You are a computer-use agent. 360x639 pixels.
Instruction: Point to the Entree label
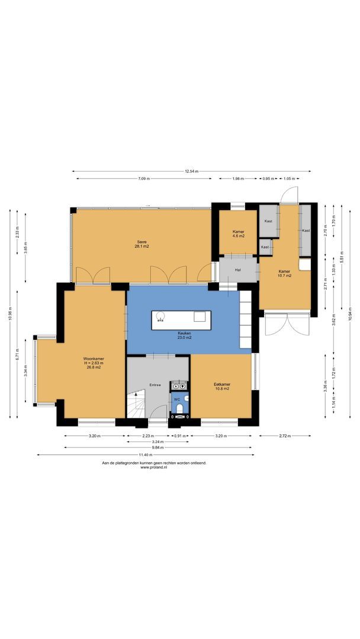(x=155, y=385)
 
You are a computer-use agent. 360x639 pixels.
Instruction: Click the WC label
(x=177, y=399)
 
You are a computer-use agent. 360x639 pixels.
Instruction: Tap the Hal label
(x=238, y=270)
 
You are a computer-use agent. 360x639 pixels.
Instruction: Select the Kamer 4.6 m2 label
(x=238, y=234)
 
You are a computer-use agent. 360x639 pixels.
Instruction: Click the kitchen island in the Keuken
(x=181, y=320)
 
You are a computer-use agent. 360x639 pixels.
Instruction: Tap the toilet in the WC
(x=180, y=407)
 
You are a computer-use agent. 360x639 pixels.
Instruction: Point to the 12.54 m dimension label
(x=191, y=171)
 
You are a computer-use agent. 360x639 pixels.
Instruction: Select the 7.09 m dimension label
(x=144, y=179)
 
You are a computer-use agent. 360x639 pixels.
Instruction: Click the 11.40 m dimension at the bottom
(x=146, y=455)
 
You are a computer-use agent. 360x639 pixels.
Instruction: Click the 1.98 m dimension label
(x=237, y=179)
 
